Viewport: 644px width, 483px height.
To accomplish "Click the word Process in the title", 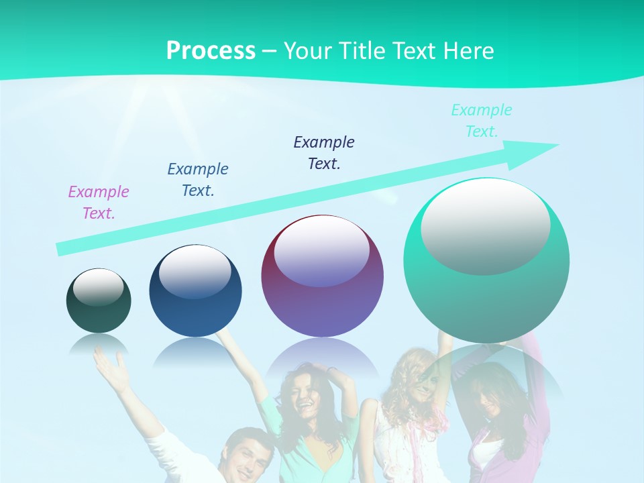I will tap(211, 51).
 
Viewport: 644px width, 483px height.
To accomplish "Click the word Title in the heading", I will tap(361, 51).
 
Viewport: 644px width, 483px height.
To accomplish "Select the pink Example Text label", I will tap(99, 203).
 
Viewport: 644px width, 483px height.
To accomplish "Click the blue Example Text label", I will tap(198, 180).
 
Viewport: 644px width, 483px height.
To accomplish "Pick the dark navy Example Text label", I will tap(324, 153).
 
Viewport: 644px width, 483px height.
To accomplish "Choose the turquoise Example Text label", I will tap(482, 121).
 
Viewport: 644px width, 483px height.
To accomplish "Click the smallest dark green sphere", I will tap(99, 312).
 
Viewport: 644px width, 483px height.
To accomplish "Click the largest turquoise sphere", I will tap(486, 295).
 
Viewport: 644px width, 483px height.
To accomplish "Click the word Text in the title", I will tap(417, 51).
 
